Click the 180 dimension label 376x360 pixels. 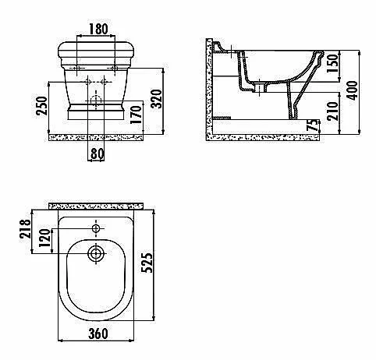click(98, 29)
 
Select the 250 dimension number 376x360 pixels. click(42, 106)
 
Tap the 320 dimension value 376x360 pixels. click(157, 99)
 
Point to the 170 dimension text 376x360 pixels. click(136, 115)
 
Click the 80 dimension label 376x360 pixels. click(98, 154)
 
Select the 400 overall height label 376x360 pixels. click(353, 90)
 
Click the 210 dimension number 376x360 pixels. click(332, 111)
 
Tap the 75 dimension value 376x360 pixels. click(313, 125)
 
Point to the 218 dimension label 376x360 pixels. click(26, 228)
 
